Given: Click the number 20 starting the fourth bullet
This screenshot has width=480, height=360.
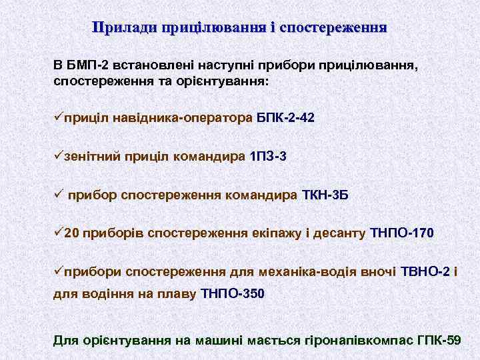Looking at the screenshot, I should [x=73, y=233].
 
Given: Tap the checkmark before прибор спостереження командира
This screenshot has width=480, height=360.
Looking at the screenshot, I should [x=59, y=195].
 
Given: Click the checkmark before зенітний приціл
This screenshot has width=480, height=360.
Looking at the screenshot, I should [x=59, y=156].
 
